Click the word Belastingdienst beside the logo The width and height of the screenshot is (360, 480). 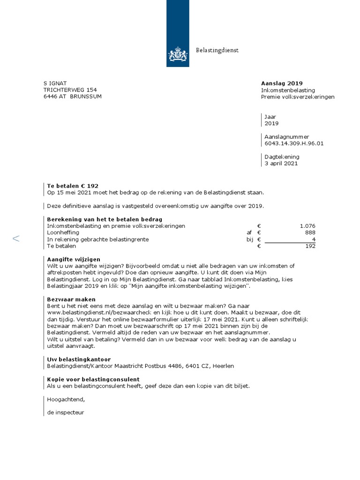(x=217, y=51)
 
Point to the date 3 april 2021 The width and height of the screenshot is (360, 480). (x=281, y=164)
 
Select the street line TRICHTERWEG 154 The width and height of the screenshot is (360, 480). (x=70, y=90)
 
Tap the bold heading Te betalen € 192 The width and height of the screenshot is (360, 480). (x=73, y=186)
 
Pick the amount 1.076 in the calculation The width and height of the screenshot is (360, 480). (x=307, y=226)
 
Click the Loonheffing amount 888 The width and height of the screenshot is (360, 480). (x=310, y=232)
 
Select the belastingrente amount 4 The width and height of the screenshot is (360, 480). (x=313, y=239)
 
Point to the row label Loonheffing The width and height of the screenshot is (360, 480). (x=63, y=232)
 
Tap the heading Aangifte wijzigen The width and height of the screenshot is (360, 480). (x=74, y=259)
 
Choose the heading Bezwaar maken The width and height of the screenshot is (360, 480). (x=71, y=299)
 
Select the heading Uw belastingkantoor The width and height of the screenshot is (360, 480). (x=79, y=359)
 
